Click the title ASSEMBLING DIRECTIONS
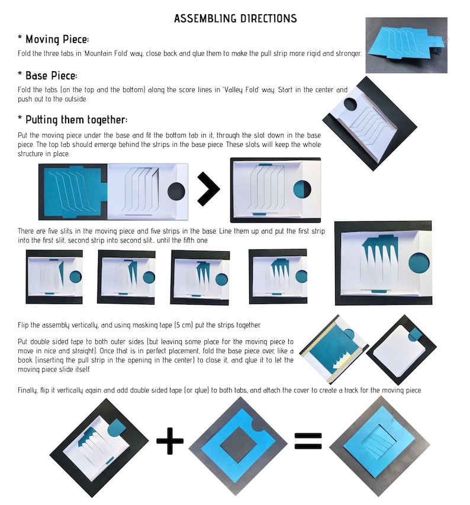(x=235, y=18)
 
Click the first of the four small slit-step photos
(x=54, y=276)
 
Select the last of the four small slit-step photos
(x=277, y=276)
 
